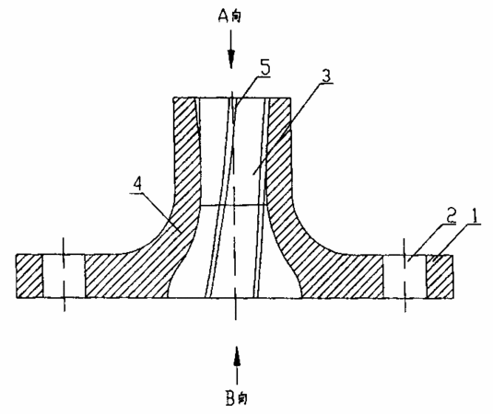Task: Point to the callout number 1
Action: tap(475, 216)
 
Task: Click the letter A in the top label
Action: tap(223, 16)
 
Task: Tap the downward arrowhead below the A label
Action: tap(231, 59)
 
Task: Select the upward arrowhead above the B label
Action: tap(237, 355)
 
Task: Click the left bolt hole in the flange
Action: tap(64, 276)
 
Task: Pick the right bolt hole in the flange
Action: tap(405, 276)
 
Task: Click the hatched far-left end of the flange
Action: tap(29, 276)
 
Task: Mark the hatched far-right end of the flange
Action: tap(440, 276)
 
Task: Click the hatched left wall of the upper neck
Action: tap(186, 151)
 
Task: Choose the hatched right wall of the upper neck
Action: tap(278, 151)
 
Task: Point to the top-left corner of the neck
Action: tap(173, 98)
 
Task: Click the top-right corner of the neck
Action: tap(290, 98)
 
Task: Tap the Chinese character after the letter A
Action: tap(237, 17)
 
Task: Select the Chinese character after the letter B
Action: tap(242, 399)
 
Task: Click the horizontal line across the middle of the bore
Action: tap(234, 205)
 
